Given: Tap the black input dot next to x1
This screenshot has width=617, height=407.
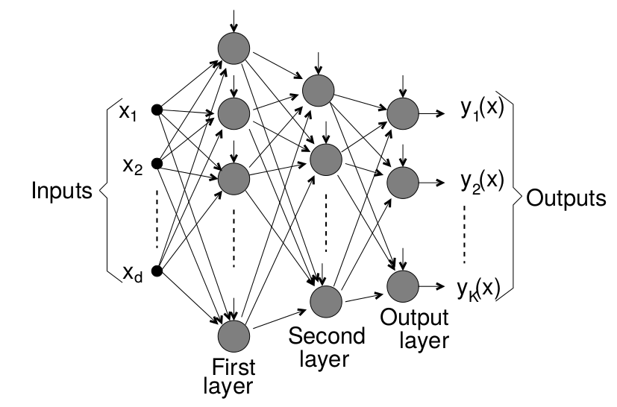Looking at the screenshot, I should click(x=157, y=111).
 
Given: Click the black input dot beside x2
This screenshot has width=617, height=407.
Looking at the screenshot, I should click(x=157, y=163).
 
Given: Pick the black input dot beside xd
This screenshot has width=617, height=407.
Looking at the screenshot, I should click(x=157, y=270).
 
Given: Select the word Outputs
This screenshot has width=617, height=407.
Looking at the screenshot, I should click(x=565, y=198).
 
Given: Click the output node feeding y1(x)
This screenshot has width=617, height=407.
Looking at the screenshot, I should click(x=403, y=113).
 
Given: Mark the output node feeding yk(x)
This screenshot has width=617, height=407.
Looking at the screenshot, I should click(x=403, y=285).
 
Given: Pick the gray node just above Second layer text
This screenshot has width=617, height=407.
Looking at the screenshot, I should click(x=325, y=300).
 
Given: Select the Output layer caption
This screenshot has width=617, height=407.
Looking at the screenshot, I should click(x=414, y=328).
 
